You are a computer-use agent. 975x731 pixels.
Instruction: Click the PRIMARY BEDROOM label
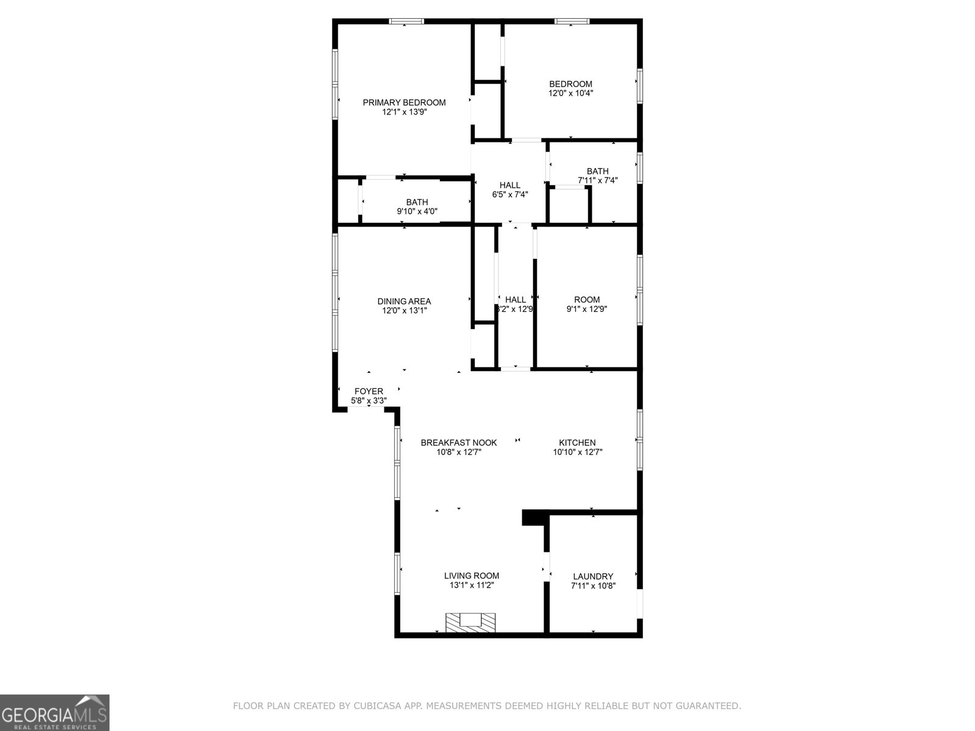[404, 102]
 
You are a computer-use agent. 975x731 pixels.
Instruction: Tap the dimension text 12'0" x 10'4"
[570, 93]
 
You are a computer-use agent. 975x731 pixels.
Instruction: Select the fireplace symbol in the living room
[470, 622]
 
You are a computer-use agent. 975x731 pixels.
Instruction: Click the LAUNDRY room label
[593, 576]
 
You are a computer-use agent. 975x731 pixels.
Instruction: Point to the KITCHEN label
[577, 443]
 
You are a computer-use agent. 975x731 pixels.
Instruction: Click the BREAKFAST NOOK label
[458, 443]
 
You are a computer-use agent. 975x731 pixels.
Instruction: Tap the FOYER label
[369, 391]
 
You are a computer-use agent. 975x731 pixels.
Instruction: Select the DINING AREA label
[404, 301]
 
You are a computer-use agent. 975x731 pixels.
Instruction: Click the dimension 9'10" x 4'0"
[417, 211]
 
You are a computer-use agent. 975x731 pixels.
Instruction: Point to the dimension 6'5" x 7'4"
[509, 194]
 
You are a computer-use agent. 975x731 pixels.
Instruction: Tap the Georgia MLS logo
[55, 712]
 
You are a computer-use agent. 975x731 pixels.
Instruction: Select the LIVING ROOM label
[471, 576]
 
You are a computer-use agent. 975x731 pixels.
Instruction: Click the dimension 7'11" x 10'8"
[593, 586]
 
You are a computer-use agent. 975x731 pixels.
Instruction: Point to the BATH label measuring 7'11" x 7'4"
[597, 171]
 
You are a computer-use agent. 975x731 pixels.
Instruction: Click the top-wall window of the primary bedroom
[406, 21]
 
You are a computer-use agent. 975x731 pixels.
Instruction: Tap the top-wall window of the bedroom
[572, 21]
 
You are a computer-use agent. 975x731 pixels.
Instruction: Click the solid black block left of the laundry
[534, 517]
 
